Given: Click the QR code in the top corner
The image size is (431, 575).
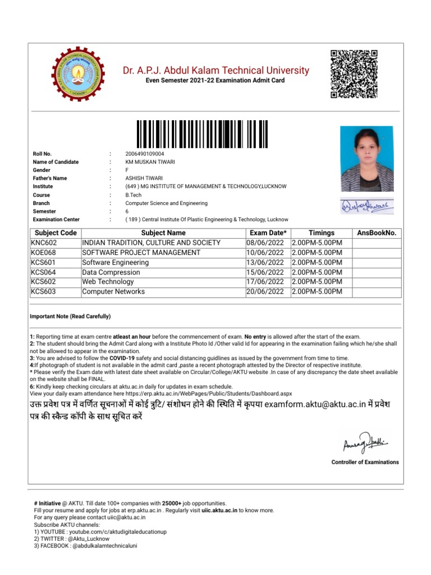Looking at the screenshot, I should click(x=354, y=74).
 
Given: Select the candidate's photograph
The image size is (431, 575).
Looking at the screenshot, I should click(x=363, y=159).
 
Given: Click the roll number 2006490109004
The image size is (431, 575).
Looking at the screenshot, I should click(x=145, y=154).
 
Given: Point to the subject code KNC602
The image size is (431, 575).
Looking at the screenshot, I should click(x=44, y=243).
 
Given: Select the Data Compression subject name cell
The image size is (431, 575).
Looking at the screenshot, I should click(x=111, y=272).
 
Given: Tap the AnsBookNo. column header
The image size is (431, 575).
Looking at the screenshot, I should click(x=376, y=233).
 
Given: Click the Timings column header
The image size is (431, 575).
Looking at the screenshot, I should click(x=322, y=233).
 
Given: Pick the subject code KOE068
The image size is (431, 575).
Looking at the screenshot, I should click(x=44, y=253).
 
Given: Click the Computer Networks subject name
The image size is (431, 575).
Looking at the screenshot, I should click(x=113, y=291).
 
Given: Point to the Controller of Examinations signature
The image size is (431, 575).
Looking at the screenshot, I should click(x=365, y=444).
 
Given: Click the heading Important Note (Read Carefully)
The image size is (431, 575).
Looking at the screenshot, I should click(x=70, y=316).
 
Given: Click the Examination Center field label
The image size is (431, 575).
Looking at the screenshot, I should click(x=56, y=220).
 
